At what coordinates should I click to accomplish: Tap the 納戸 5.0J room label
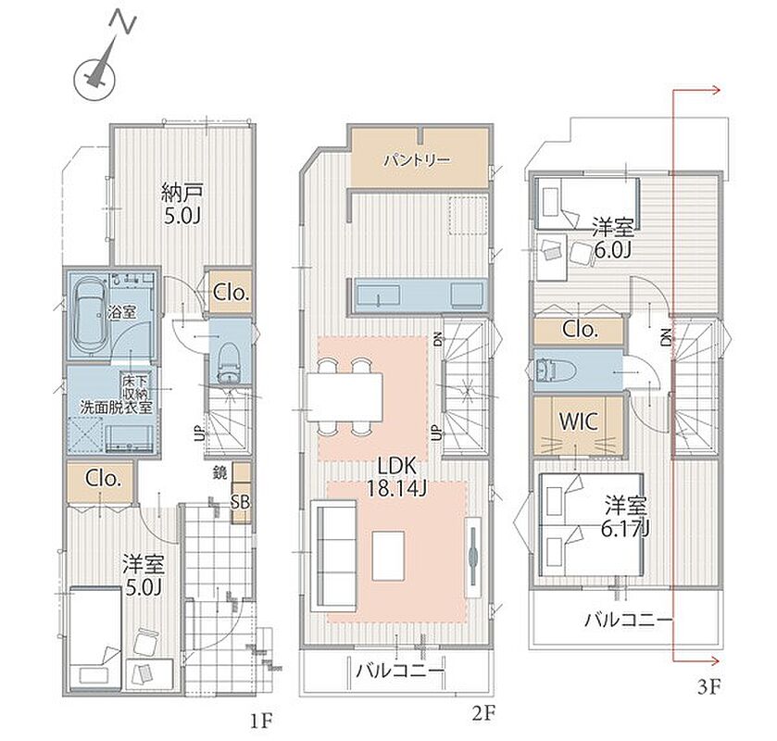(x=182, y=204)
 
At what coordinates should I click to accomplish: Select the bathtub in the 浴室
(x=88, y=315)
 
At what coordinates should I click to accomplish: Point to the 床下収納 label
(x=135, y=387)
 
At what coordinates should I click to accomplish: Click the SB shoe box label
(x=241, y=502)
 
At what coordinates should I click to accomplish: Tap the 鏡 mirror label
(x=220, y=472)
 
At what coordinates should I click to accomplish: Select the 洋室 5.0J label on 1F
(x=144, y=575)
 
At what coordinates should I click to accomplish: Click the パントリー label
(x=418, y=159)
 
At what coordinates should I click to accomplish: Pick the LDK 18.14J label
(x=396, y=477)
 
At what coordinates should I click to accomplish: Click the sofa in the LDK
(x=333, y=556)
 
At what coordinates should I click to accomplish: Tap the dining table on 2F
(x=345, y=397)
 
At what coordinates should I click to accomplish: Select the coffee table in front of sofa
(x=388, y=555)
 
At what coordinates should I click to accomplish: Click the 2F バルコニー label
(x=399, y=672)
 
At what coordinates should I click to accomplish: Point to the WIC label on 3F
(x=578, y=421)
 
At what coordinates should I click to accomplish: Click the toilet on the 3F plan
(x=556, y=370)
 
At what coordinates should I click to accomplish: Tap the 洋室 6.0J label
(x=613, y=239)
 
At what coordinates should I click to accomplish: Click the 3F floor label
(x=708, y=687)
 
